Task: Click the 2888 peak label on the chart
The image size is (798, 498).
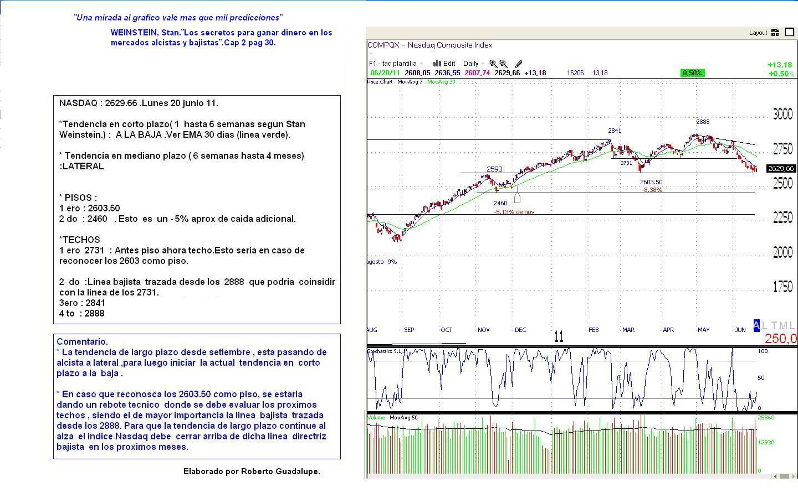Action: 703,122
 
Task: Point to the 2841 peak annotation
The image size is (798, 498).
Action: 615,131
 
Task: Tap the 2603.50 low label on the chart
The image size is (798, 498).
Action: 651,182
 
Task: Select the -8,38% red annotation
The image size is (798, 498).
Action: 652,190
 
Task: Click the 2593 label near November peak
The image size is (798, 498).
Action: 494,169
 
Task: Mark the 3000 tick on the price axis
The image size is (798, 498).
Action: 782,115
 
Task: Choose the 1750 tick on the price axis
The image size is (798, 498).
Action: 782,287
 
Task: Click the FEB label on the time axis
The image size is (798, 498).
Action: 594,330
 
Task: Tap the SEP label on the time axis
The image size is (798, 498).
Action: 409,330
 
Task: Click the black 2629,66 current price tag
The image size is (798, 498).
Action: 781,169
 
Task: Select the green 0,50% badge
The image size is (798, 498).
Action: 692,73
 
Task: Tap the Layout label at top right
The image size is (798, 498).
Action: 758,33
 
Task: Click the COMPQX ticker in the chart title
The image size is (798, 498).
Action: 383,45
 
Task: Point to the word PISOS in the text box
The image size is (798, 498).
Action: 80,198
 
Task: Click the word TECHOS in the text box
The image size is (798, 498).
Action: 81,240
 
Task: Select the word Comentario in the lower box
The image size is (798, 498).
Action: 82,341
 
